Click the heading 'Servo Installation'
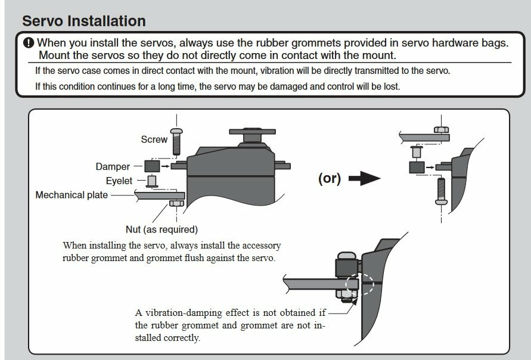84,21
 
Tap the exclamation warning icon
29,43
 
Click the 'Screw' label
154,139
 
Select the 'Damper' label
113,167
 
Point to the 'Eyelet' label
119,181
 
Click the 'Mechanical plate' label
72,195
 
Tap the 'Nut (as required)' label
162,229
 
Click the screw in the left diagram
176,142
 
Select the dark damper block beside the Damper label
152,166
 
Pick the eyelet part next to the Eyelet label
152,181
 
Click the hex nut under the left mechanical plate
176,203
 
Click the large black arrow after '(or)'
364,178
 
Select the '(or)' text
329,178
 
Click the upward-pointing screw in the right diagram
441,191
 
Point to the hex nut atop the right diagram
441,130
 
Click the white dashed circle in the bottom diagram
359,285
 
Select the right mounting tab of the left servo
282,165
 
